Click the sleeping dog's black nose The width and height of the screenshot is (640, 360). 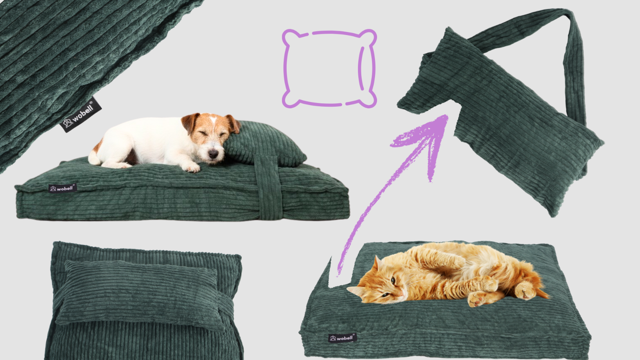pos(213,154)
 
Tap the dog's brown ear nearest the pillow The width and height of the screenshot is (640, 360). pos(233,123)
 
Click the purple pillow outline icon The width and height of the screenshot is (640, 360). pos(330,69)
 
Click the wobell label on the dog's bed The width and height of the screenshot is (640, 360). pos(62,188)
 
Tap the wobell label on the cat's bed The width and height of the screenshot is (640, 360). pos(342,338)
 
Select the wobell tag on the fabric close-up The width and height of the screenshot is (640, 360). pos(81,115)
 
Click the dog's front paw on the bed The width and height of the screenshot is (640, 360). pos(191,168)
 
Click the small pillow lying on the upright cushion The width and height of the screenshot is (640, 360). pos(140,294)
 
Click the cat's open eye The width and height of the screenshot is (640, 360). pos(393,280)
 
